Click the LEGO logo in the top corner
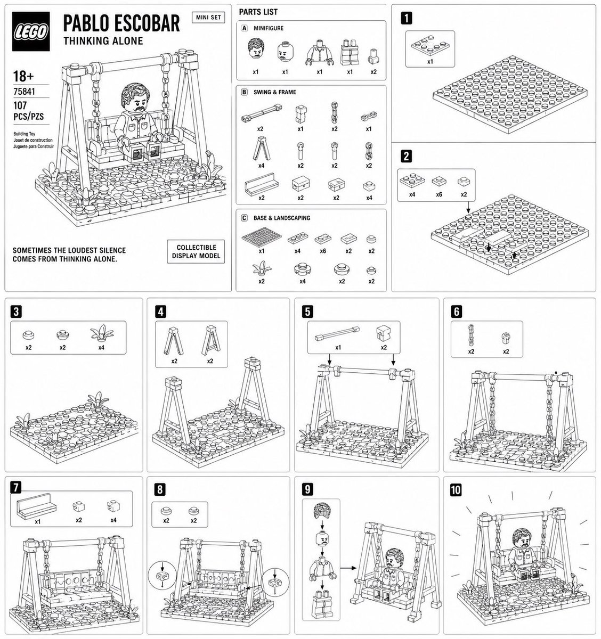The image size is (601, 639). pyautogui.click(x=31, y=32)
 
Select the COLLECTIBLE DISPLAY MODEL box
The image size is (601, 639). pyautogui.click(x=196, y=251)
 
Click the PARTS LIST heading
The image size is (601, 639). pyautogui.click(x=258, y=12)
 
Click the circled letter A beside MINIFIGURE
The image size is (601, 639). pyautogui.click(x=245, y=28)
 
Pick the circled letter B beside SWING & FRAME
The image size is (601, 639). pyautogui.click(x=245, y=92)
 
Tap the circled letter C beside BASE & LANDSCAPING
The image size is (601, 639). pyautogui.click(x=245, y=218)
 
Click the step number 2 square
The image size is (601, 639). pyautogui.click(x=407, y=156)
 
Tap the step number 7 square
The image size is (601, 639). pyautogui.click(x=17, y=487)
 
